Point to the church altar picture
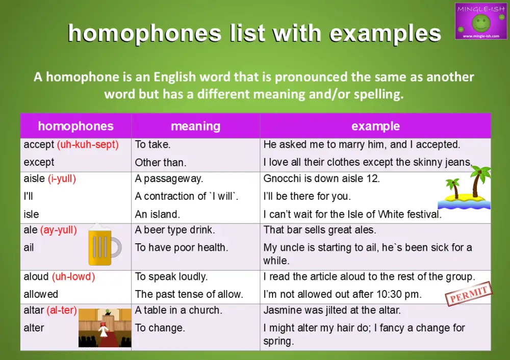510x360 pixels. (x=104, y=328)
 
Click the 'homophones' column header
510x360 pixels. (x=75, y=126)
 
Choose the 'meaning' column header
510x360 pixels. (x=195, y=126)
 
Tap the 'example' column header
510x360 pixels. (x=375, y=126)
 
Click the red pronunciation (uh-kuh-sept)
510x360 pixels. (x=88, y=145)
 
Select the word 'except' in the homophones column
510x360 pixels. (x=39, y=163)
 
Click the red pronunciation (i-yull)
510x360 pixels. (x=63, y=179)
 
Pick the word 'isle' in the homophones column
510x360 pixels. (x=31, y=214)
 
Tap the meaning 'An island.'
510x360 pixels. (x=157, y=214)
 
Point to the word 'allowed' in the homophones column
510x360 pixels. (x=41, y=294)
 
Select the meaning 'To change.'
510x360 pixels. (x=160, y=328)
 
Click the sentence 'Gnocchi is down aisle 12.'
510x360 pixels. (x=322, y=179)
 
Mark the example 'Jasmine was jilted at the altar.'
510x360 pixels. (x=332, y=310)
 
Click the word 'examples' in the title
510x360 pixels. (x=385, y=34)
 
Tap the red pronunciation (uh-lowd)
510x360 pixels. (x=73, y=277)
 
